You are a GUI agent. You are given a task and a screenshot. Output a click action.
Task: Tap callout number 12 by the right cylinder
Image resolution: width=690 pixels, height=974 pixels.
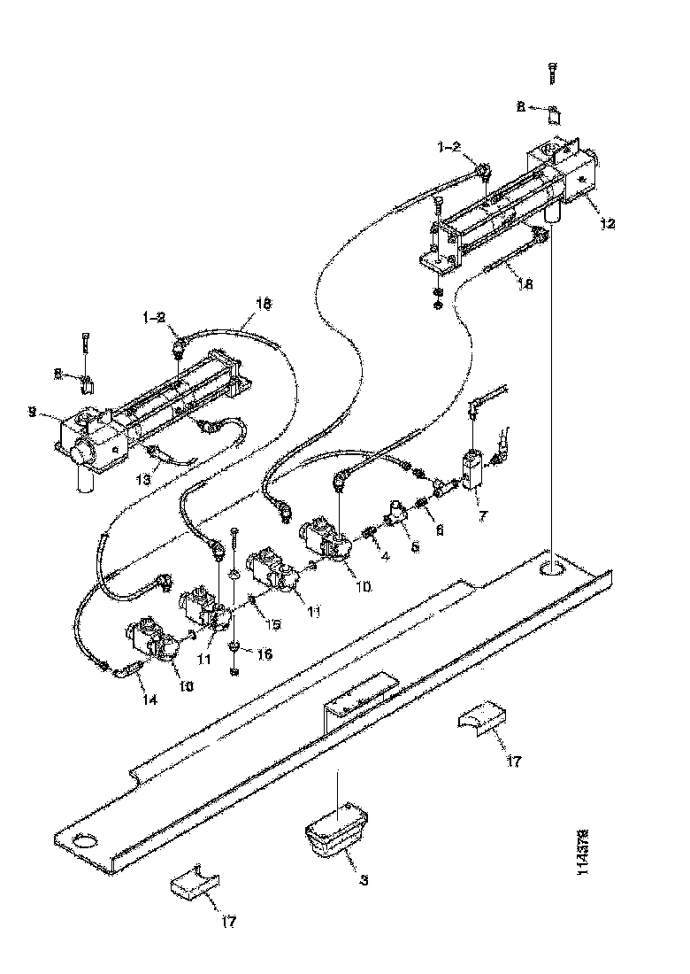(606, 224)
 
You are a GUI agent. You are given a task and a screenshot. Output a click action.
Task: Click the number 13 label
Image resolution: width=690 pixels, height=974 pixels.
(142, 479)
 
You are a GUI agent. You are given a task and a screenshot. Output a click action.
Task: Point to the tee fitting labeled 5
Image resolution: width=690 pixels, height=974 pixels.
(395, 514)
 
